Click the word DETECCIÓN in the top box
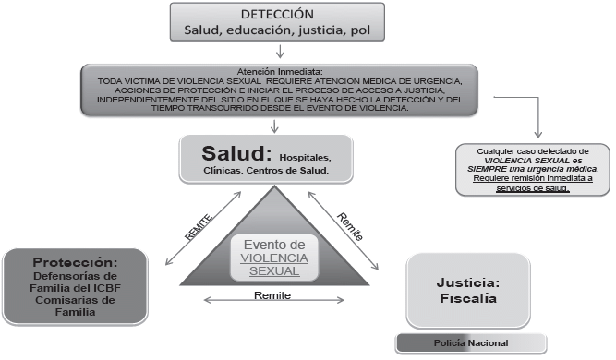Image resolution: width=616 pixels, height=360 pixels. pyautogui.click(x=277, y=14)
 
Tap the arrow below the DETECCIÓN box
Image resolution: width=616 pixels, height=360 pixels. pyautogui.click(x=280, y=52)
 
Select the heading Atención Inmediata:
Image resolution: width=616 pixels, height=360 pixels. pyautogui.click(x=280, y=71)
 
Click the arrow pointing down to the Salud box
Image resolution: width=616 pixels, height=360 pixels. pyautogui.click(x=274, y=126)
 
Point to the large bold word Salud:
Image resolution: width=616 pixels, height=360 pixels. pyautogui.click(x=236, y=153)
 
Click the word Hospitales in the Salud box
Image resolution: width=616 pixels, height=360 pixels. pyautogui.click(x=305, y=158)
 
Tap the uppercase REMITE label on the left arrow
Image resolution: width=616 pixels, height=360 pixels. pyautogui.click(x=199, y=227)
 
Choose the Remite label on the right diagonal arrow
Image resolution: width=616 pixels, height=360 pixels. pyautogui.click(x=350, y=226)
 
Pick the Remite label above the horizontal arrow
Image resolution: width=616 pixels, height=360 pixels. pyautogui.click(x=272, y=295)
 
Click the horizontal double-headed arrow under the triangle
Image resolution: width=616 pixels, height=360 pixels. pyautogui.click(x=273, y=300)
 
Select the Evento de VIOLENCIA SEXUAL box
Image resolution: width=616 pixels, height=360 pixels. pyautogui.click(x=274, y=258)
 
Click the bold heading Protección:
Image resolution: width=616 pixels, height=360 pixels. pyautogui.click(x=75, y=262)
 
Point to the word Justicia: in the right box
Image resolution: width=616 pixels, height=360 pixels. pyautogui.click(x=468, y=282)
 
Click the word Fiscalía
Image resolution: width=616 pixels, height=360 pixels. pyautogui.click(x=468, y=298)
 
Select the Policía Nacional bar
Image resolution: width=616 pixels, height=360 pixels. pyautogui.click(x=471, y=343)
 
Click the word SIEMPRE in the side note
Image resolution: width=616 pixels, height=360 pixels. pyautogui.click(x=484, y=169)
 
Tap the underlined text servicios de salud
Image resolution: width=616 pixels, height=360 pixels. pyautogui.click(x=533, y=188)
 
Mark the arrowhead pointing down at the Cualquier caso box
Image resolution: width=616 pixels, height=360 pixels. pyautogui.click(x=538, y=134)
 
